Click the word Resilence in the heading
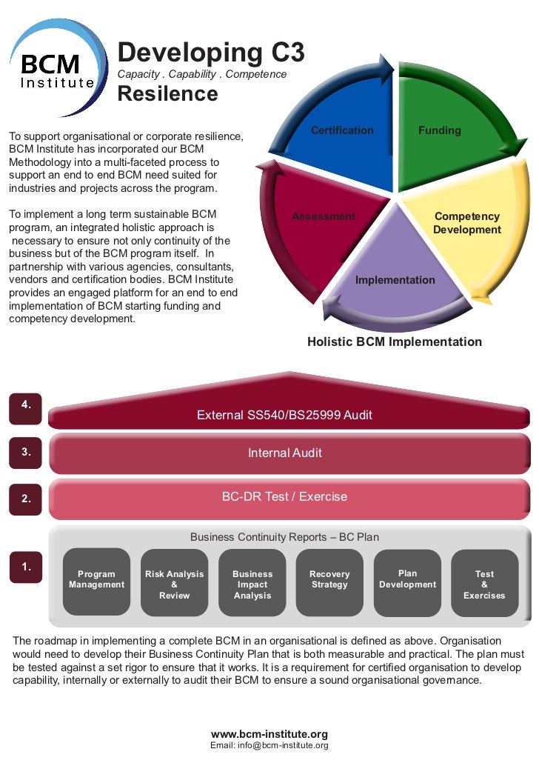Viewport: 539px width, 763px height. point(167,95)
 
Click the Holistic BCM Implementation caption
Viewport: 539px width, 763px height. point(394,342)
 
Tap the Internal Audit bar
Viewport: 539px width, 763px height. point(284,453)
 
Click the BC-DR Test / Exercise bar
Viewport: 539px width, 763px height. point(284,496)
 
